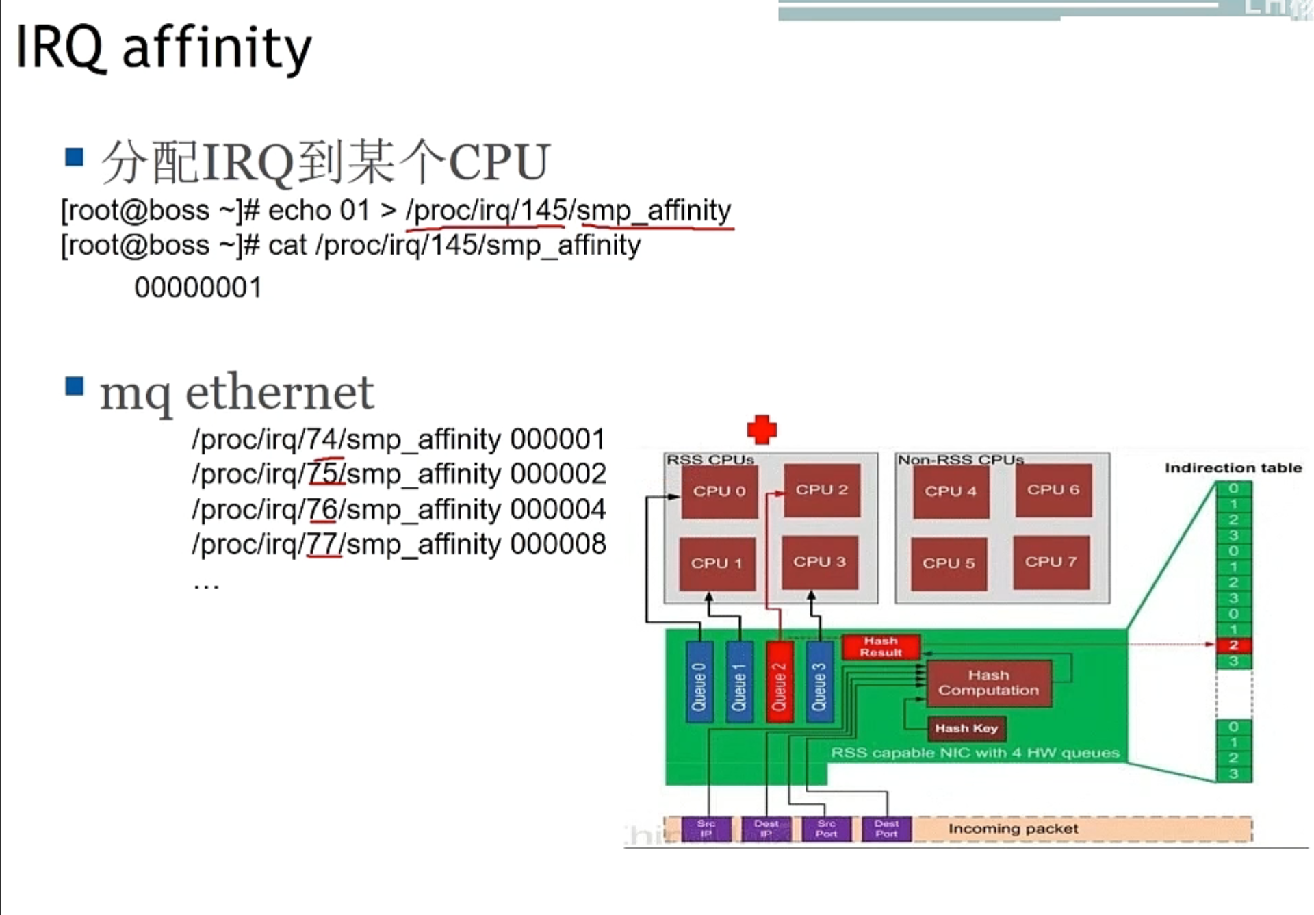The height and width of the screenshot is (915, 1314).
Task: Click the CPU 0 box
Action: (719, 491)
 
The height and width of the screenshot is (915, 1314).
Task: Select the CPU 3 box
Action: (819, 563)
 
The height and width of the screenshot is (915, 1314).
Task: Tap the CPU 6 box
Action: (1053, 490)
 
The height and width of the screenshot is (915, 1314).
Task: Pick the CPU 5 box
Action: (949, 563)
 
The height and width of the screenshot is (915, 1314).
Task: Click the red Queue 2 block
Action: (780, 682)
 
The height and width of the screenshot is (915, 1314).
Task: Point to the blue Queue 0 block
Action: (699, 682)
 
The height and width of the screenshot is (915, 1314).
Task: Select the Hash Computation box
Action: (988, 683)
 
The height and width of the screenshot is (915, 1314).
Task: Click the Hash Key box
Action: (966, 729)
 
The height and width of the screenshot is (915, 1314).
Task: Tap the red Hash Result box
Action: (881, 647)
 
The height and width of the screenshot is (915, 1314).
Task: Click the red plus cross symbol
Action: (762, 430)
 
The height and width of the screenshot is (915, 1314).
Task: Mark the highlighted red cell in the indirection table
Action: (1233, 645)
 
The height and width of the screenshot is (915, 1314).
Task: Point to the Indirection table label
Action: (1233, 468)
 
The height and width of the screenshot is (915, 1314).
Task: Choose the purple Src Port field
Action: (826, 829)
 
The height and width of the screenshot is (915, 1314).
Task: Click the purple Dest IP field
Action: (766, 829)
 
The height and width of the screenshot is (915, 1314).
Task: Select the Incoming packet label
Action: (1013, 829)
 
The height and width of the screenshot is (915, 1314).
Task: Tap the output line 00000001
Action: (198, 288)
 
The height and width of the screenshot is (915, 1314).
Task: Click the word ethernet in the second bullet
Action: (279, 393)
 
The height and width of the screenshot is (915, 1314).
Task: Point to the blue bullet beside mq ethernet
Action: (74, 387)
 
